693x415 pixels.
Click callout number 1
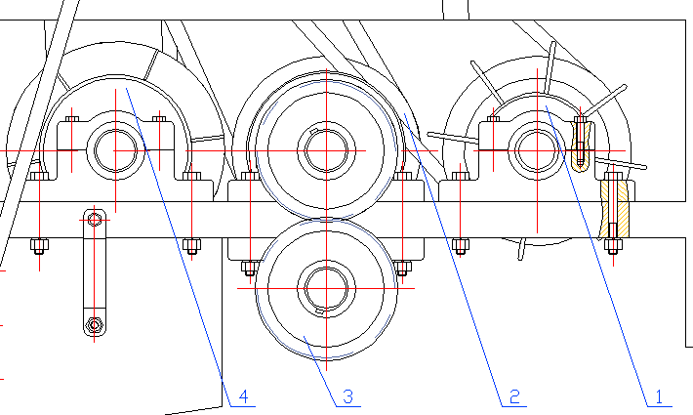(658, 396)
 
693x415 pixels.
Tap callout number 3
(347, 396)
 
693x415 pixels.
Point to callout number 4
(243, 396)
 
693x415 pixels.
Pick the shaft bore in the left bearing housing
(116, 151)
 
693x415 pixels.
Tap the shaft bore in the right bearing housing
(537, 151)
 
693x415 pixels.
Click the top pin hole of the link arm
(94, 219)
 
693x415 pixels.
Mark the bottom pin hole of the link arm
(94, 324)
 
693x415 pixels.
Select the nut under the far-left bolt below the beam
(39, 245)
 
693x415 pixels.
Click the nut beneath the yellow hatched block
(612, 245)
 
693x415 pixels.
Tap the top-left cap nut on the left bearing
(72, 120)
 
